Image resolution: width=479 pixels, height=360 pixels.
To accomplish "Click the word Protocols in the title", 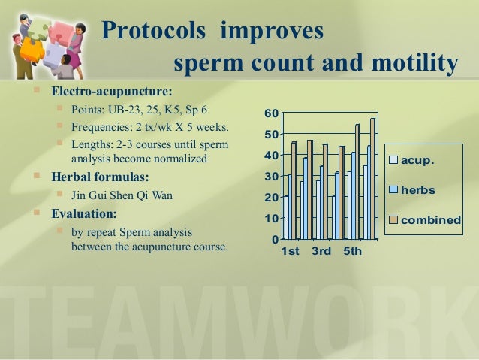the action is click(x=153, y=30).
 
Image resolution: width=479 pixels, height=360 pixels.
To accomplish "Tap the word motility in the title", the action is click(x=415, y=63).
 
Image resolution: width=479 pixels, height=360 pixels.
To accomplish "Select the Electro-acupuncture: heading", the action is click(x=112, y=91).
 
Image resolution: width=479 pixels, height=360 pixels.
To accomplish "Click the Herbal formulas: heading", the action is click(x=100, y=177).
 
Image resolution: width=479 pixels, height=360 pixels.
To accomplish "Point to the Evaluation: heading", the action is click(x=84, y=213).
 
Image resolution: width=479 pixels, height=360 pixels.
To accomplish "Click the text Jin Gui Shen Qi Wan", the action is click(x=122, y=195).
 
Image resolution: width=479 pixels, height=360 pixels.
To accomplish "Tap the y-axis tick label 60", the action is click(x=272, y=113).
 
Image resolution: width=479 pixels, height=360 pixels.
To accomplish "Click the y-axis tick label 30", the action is click(x=272, y=177).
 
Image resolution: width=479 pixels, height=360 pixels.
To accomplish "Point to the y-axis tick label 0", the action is click(x=276, y=239).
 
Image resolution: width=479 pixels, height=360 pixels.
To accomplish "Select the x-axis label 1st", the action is click(x=290, y=251).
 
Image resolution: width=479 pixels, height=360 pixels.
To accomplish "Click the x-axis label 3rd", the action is click(x=321, y=251).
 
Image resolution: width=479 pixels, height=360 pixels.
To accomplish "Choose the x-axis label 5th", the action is click(x=353, y=251).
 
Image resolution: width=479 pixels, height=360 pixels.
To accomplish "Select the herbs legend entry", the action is click(x=411, y=190).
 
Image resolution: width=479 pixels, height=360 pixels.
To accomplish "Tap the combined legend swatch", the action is click(x=393, y=220).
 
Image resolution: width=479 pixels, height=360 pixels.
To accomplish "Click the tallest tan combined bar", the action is click(x=372, y=179).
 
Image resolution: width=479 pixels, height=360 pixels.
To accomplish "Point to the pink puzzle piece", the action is click(x=61, y=35).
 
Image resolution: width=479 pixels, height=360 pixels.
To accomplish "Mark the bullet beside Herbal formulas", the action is click(x=37, y=175).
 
